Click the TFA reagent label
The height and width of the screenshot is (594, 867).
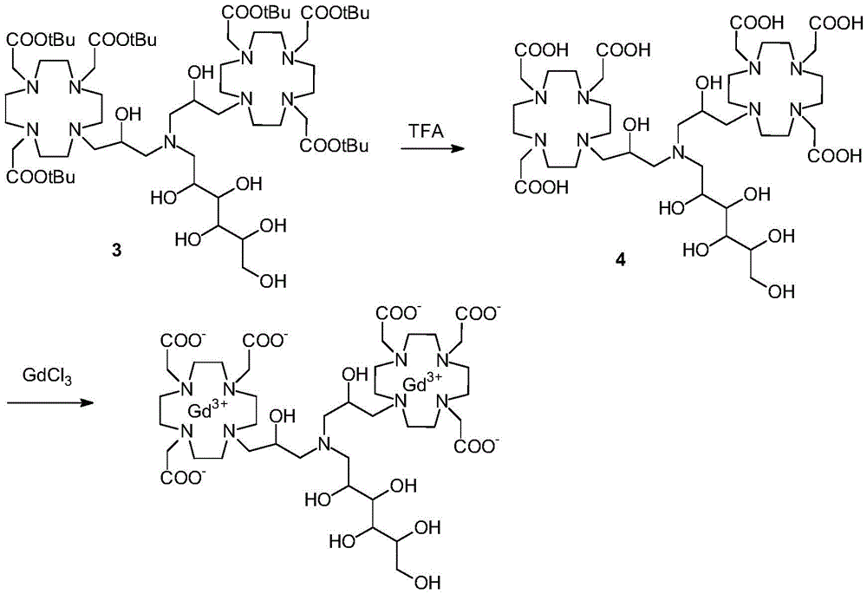tap(426, 130)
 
